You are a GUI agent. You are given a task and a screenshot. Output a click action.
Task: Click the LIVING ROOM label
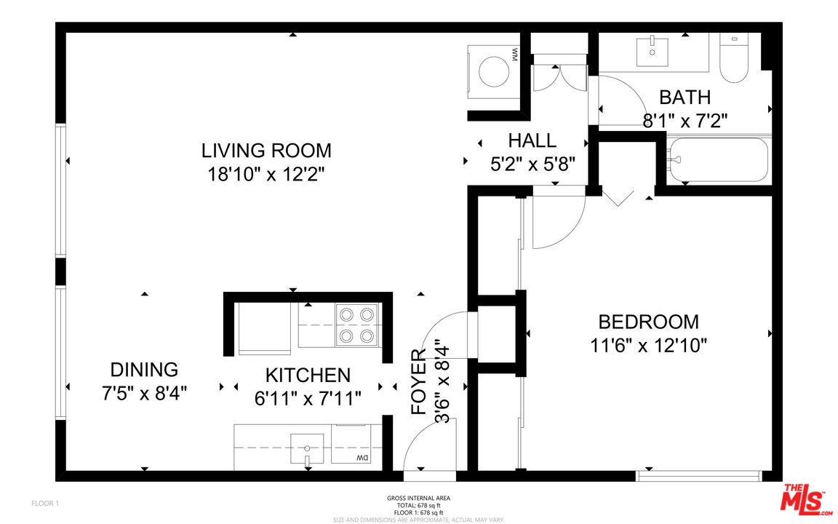point(266,151)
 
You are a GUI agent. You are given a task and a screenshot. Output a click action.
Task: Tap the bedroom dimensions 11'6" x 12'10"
point(647,345)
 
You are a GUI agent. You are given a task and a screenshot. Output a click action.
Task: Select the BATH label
point(685,97)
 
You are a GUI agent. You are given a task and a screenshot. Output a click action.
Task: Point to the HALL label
point(532,140)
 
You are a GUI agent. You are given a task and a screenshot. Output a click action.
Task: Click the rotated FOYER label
point(420,381)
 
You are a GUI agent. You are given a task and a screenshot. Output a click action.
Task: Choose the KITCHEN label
point(308,376)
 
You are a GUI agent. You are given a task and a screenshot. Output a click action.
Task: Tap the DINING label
point(144,370)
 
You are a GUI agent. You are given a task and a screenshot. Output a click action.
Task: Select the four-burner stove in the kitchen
point(358,325)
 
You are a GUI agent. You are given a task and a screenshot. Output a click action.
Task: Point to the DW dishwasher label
point(361,458)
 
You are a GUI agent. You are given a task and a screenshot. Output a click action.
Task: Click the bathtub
point(719,160)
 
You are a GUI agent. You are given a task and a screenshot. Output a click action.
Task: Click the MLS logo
point(805,499)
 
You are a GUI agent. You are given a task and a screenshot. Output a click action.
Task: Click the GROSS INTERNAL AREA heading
point(418,498)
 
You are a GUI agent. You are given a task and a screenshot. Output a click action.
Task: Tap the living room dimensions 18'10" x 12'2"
point(266,174)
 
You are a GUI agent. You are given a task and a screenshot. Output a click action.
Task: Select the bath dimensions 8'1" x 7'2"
point(685,119)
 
